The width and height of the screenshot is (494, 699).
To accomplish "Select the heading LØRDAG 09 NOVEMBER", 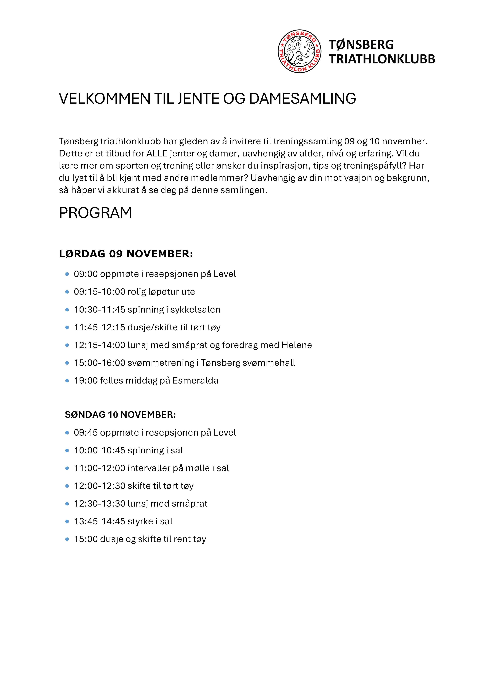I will (x=126, y=254).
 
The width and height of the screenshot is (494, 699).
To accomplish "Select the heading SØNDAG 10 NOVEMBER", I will (x=120, y=415).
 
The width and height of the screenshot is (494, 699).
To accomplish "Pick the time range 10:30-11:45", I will (x=100, y=310).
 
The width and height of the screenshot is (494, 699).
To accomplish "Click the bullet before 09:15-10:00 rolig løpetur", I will (x=67, y=292).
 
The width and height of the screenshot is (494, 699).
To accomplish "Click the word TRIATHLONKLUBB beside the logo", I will (x=382, y=59).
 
